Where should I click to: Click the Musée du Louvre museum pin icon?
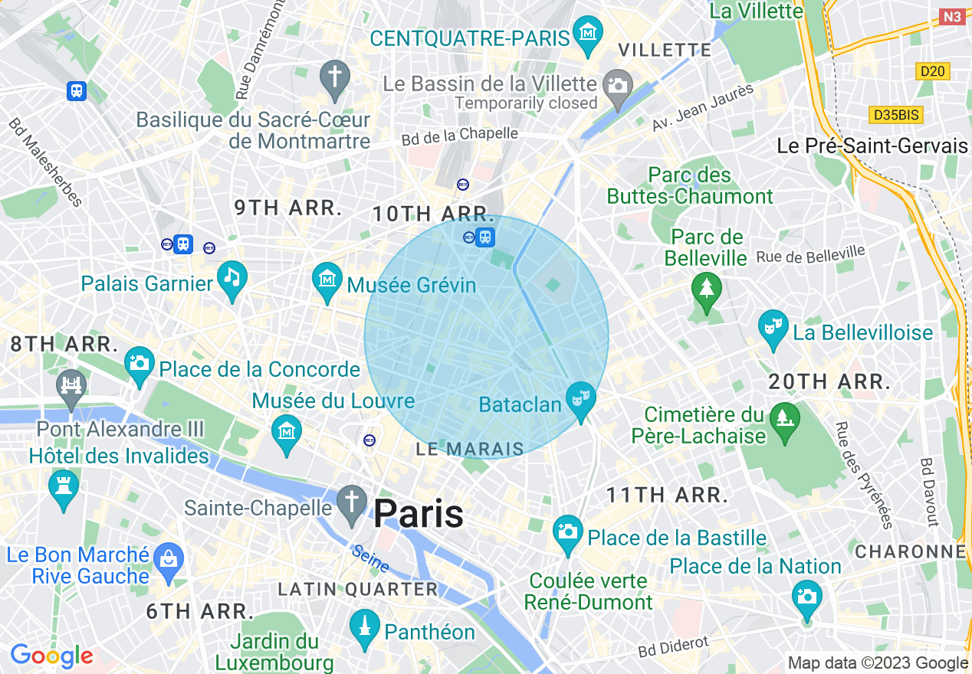click(x=287, y=431)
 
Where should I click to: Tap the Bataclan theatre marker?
click(x=581, y=397)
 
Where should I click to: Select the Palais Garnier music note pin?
click(x=232, y=277)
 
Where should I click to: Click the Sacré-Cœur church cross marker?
click(x=334, y=76)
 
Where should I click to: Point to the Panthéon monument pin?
click(x=365, y=627)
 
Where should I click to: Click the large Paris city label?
click(x=419, y=513)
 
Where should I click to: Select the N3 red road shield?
click(x=951, y=16)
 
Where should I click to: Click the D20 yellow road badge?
click(x=933, y=71)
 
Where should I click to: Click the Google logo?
click(x=51, y=656)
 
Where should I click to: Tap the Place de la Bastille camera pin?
click(x=568, y=531)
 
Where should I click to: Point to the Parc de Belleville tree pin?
click(x=706, y=289)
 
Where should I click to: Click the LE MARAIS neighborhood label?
click(x=470, y=450)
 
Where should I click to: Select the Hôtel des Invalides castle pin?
click(x=63, y=485)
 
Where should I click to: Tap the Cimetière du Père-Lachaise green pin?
click(x=785, y=419)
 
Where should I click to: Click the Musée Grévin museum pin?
click(x=327, y=279)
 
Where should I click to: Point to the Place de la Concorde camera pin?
click(x=140, y=362)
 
